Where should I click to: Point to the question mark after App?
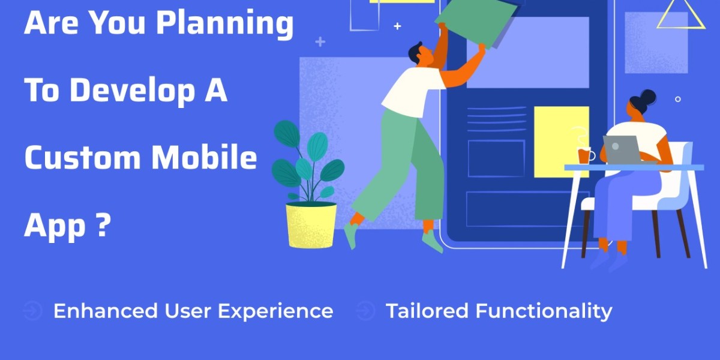pos(104,226)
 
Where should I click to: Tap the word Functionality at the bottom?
pos(544,311)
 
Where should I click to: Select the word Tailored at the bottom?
pos(427,311)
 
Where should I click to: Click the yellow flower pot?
pos(311,225)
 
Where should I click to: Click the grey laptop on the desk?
pos(622,149)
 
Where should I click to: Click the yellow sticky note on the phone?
pos(561,142)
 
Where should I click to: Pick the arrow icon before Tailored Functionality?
pos(364,311)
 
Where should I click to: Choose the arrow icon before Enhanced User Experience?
pos(32,311)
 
